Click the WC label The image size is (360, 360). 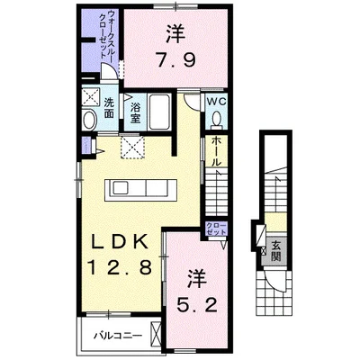tap(217, 103)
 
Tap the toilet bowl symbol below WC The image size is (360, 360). tap(217, 122)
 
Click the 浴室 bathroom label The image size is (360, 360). tap(134, 111)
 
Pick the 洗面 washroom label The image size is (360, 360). tap(108, 107)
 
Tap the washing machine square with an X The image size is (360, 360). tap(91, 98)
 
